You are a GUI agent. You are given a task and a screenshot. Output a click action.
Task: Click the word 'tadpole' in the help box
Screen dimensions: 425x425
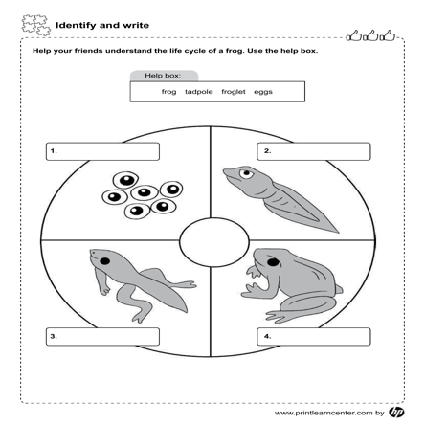tap(199, 92)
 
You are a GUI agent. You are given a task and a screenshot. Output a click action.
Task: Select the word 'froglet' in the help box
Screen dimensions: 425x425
tap(234, 92)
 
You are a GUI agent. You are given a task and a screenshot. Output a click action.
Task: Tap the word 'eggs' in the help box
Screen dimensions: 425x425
tap(263, 92)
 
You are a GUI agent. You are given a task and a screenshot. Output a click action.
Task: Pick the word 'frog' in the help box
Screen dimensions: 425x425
tap(168, 92)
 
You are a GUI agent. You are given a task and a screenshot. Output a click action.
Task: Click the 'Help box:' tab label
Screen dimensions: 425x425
tap(163, 76)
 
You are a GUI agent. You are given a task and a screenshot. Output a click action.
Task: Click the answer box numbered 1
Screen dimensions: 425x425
tap(102, 151)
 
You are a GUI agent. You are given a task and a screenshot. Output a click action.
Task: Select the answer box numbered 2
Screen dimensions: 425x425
tap(314, 151)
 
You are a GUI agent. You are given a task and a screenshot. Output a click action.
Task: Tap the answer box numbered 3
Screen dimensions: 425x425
tap(102, 336)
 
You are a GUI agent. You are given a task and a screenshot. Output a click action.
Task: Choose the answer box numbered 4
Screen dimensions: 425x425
tap(314, 336)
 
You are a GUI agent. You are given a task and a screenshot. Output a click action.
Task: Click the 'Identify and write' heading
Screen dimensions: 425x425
tap(102, 25)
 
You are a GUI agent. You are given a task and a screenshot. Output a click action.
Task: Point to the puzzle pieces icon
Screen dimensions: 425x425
tap(36, 25)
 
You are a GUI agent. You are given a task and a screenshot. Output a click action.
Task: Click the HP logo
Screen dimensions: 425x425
tap(396, 413)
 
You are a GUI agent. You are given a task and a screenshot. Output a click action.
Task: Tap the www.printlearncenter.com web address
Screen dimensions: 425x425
tap(324, 413)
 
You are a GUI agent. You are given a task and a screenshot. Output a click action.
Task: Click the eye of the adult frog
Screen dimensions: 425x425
tap(273, 262)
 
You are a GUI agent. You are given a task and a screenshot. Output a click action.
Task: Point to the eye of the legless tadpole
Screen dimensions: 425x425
tap(246, 173)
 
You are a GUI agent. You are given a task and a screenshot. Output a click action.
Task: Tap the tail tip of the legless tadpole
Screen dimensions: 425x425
tap(338, 232)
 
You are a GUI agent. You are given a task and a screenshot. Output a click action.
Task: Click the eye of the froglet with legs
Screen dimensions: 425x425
tap(105, 261)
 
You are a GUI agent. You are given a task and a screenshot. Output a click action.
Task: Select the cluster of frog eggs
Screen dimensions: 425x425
tap(143, 195)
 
